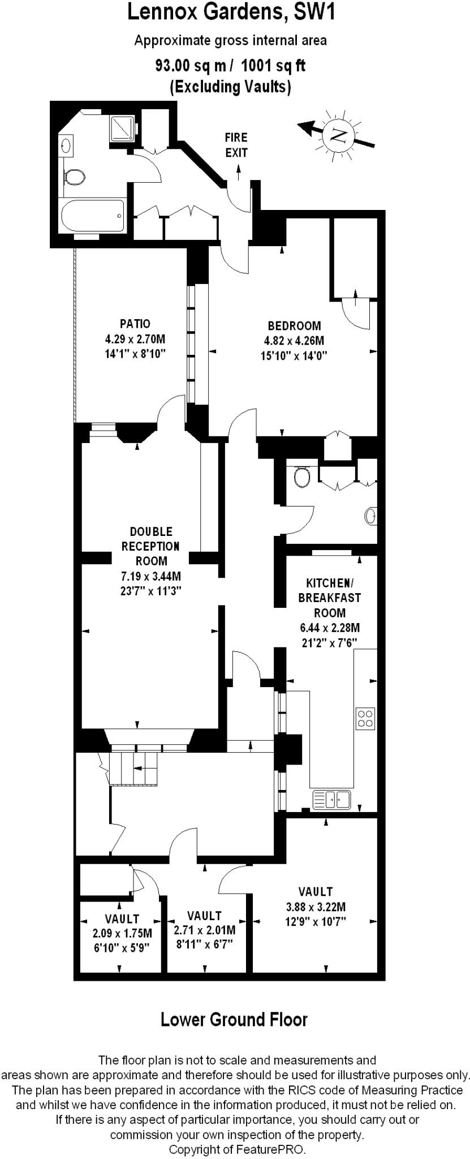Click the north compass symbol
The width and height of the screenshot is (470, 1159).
338,135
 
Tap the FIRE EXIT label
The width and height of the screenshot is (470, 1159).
236,145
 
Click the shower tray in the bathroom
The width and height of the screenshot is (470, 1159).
123,128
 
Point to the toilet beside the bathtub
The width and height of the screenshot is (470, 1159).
74,177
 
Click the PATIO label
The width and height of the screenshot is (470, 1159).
135,324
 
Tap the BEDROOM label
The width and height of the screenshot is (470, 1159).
294,326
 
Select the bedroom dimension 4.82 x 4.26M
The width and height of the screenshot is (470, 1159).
294,341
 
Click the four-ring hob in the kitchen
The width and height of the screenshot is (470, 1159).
365,718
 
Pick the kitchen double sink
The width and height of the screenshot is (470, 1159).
332,800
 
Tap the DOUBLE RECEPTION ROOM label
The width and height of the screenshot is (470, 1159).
151,546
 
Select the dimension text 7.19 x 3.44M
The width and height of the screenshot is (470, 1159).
151,577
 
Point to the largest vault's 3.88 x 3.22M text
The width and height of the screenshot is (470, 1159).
316,906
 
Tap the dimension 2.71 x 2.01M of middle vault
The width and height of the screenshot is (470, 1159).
205,930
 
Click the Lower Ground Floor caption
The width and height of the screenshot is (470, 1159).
234,1019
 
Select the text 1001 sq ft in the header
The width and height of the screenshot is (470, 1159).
273,66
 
